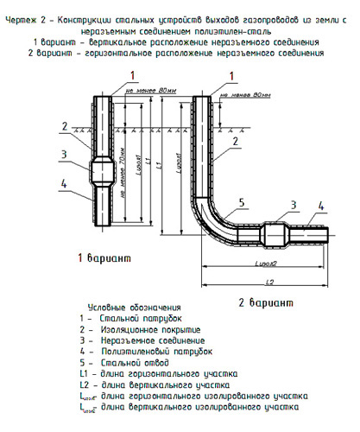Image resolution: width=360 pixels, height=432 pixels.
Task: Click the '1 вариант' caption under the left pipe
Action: (x=103, y=258)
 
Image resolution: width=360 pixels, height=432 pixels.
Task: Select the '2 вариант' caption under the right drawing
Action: (x=263, y=302)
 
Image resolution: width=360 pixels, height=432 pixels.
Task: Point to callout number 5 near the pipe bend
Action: (x=243, y=201)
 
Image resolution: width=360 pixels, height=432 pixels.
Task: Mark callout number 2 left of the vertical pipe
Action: (x=64, y=126)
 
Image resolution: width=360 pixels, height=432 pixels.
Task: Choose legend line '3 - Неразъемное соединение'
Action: (x=152, y=340)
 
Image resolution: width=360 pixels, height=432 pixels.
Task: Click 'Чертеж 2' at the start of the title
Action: (x=26, y=7)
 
